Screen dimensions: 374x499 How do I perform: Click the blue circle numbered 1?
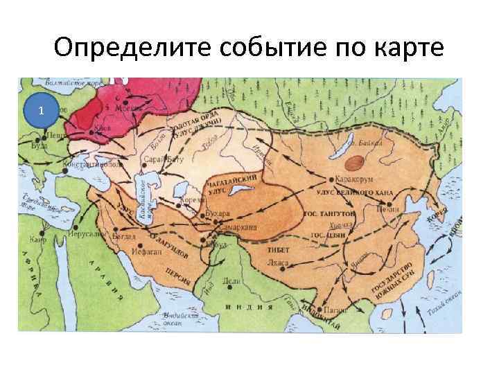pos(42,112)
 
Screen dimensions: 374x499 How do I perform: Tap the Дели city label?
pos(231,281)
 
